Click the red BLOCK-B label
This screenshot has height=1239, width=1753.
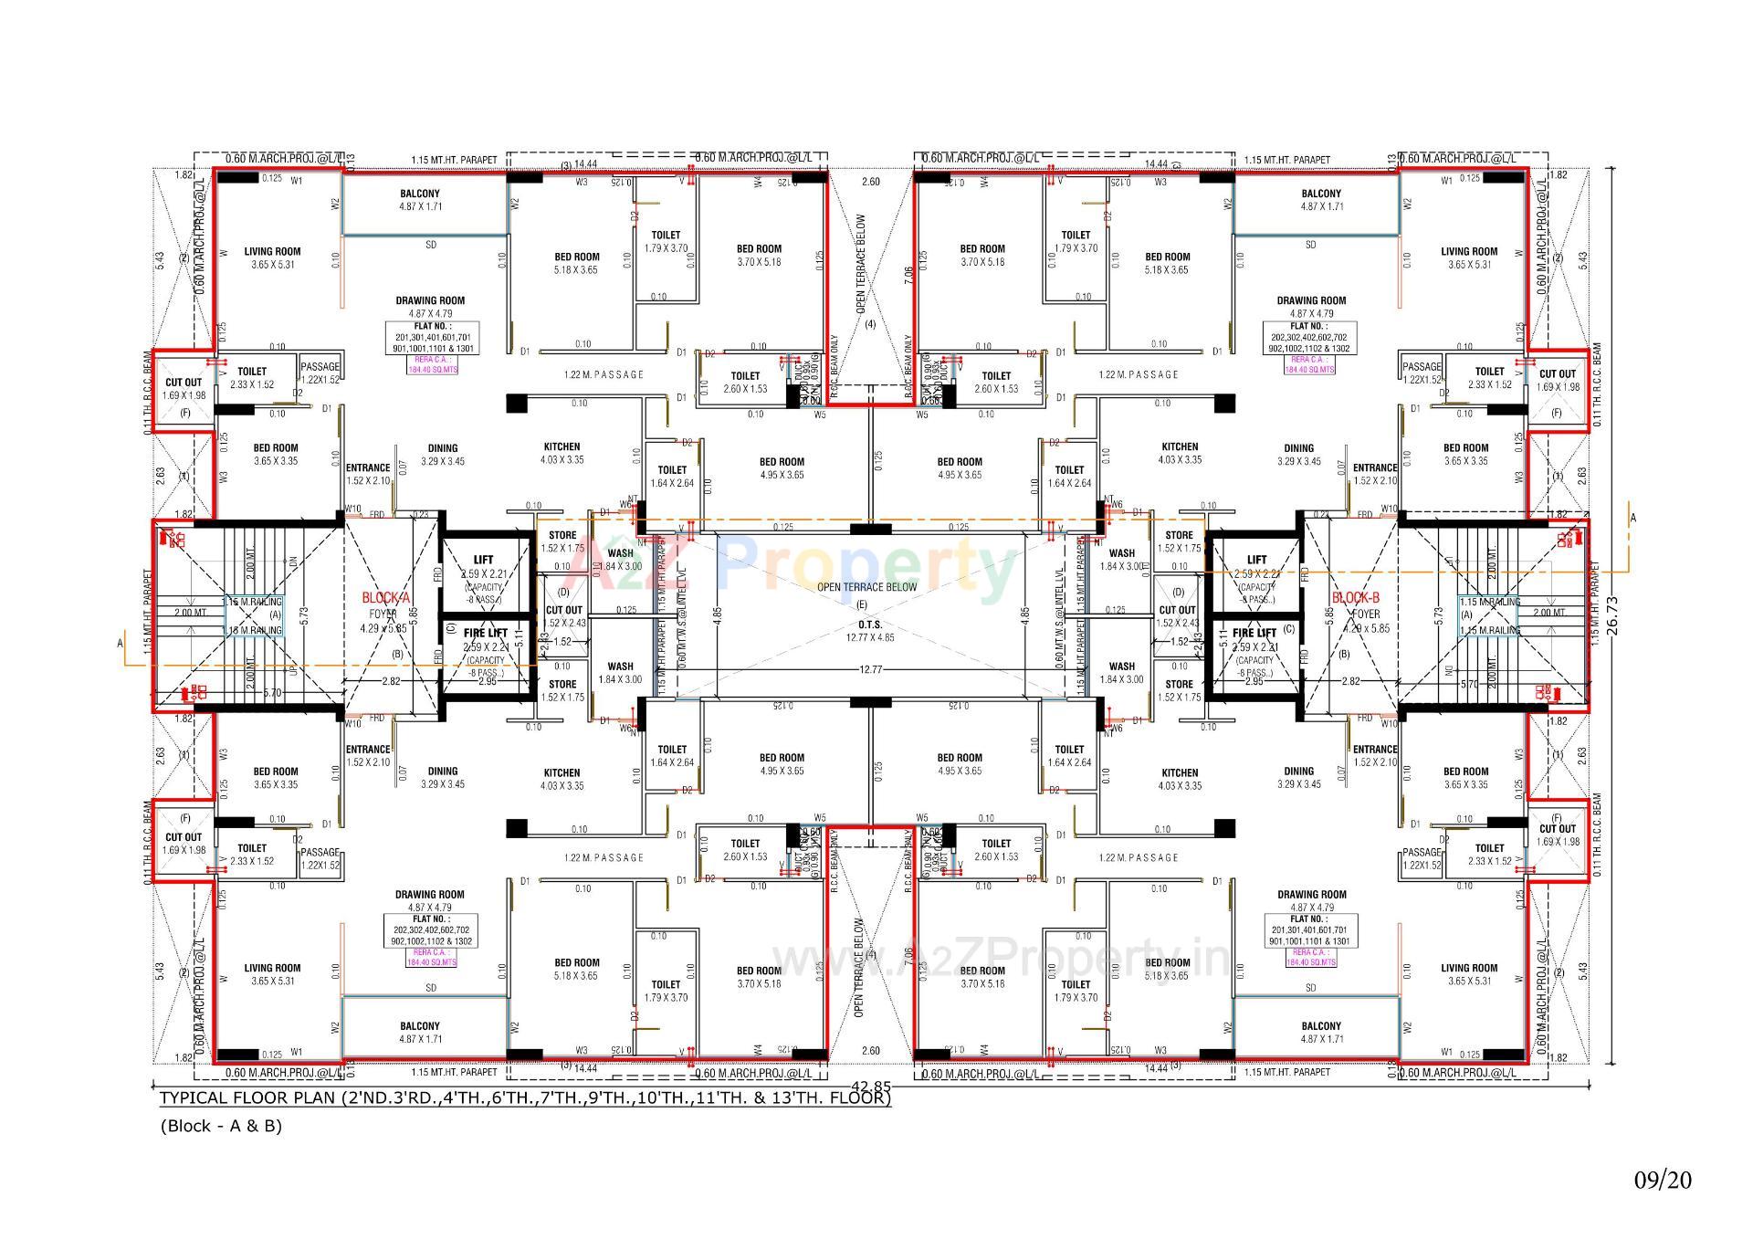tap(1355, 597)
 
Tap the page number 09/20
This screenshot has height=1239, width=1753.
tap(1663, 1180)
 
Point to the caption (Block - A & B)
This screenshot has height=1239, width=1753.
tap(221, 1126)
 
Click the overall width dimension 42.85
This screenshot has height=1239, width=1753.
tap(871, 1087)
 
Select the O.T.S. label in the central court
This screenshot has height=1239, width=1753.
tap(870, 625)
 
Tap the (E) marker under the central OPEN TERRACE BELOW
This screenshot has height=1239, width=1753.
tap(863, 604)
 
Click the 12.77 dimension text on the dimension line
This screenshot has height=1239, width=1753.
tap(871, 670)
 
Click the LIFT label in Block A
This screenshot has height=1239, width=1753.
tap(484, 560)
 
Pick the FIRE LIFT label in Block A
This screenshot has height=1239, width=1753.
tap(485, 633)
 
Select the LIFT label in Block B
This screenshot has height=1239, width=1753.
tap(1256, 560)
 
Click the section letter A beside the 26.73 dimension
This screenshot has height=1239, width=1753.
tap(1633, 519)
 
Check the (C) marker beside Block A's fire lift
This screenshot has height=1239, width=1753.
tap(450, 628)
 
